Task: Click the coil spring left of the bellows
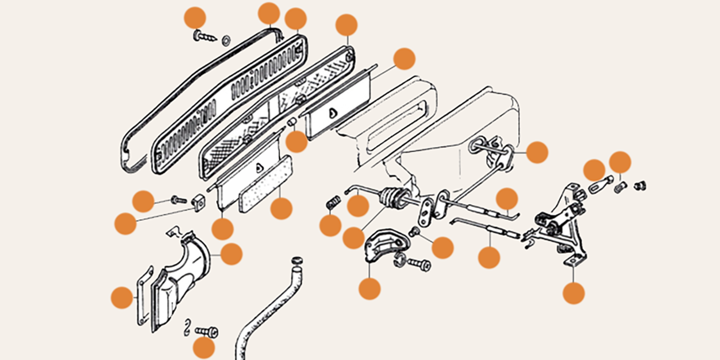coord(332,203)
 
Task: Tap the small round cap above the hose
coord(296,261)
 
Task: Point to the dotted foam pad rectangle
coord(265,185)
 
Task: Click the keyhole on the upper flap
coord(332,113)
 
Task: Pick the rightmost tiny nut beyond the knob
coord(640,184)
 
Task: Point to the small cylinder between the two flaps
coord(292,122)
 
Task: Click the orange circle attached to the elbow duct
coord(231,254)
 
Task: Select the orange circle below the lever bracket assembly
coord(573,293)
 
